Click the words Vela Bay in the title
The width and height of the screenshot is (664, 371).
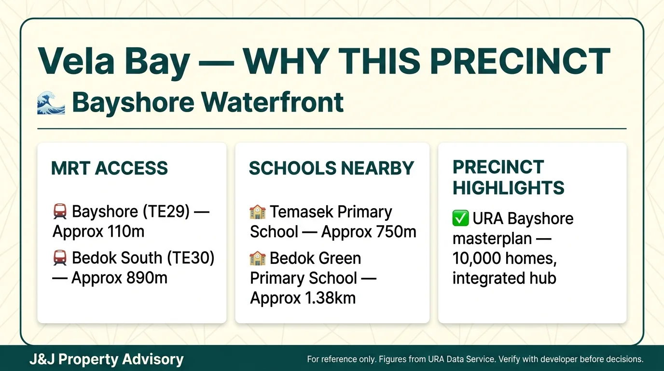113,62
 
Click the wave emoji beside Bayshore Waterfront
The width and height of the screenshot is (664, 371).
51,103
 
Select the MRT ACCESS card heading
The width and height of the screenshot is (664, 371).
110,168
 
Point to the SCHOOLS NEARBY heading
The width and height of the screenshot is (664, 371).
332,168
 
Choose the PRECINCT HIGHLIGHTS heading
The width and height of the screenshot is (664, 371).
508,177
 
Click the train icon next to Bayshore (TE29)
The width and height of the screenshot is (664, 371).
60,212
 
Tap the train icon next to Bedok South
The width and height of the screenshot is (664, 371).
60,258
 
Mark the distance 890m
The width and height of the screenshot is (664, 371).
144,278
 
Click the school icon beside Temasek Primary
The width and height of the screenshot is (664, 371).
258,212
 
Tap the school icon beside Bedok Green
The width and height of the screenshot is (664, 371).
258,258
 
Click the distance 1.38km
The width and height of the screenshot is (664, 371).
330,298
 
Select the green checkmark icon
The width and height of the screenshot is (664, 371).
460,218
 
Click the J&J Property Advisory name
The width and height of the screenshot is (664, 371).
106,359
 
